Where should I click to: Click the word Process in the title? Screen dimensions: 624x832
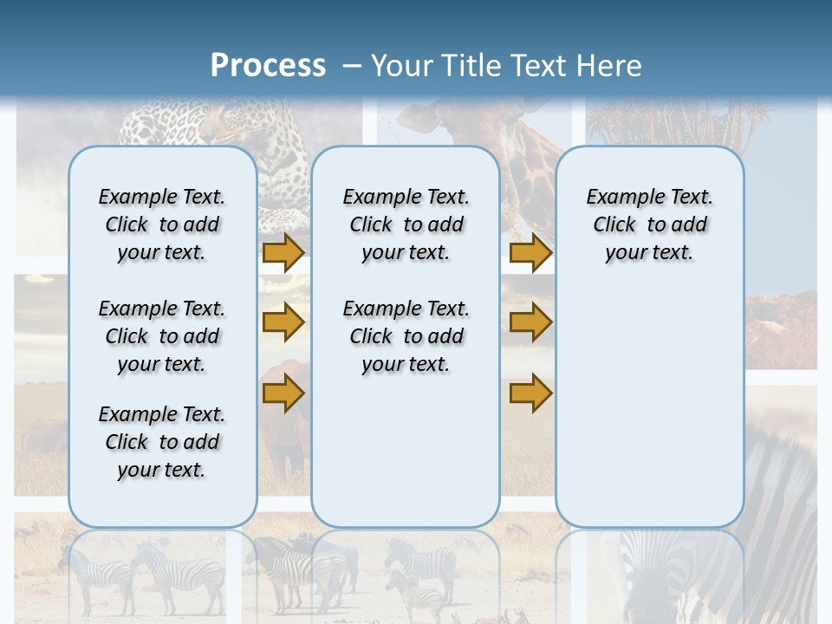268,66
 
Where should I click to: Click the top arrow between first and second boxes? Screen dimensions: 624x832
283,252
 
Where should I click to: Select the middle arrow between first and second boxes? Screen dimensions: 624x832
283,322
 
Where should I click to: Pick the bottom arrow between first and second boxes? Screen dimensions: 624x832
283,394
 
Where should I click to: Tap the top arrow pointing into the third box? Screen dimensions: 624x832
530,252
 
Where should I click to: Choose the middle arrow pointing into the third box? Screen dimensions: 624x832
530,322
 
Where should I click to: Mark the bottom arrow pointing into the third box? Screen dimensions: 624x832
530,394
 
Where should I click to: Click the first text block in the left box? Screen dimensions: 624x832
162,224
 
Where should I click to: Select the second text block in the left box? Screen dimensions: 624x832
162,336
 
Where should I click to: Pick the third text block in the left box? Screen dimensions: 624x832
162,442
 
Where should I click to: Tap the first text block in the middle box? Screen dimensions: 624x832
406,224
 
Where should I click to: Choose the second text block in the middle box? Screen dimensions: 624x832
406,336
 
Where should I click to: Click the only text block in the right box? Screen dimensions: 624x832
649,224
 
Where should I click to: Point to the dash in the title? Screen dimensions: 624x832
352,66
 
